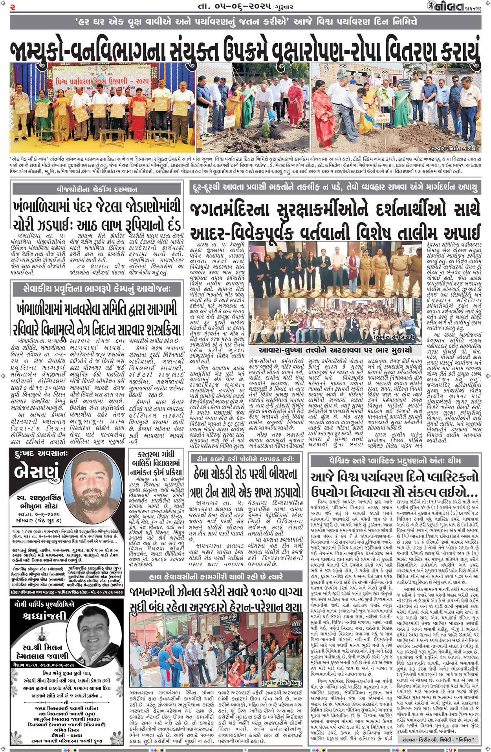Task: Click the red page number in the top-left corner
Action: (13, 6)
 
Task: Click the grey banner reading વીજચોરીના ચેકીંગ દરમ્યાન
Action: (97, 189)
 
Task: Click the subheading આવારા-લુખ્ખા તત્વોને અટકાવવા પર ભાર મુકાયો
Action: (335, 350)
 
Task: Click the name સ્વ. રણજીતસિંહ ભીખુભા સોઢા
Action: (38, 502)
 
